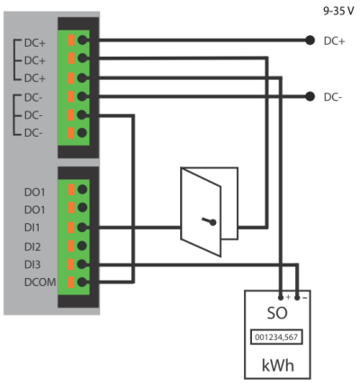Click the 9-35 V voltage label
[x=338, y=11]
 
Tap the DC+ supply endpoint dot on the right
[x=310, y=40]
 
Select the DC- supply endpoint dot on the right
[x=310, y=96]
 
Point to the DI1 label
[x=31, y=228]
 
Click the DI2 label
[x=32, y=247]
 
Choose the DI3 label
[x=32, y=265]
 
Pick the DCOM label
[x=40, y=283]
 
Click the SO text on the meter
[x=277, y=313]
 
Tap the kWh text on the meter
[x=278, y=365]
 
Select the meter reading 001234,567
[x=276, y=337]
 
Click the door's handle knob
[x=212, y=222]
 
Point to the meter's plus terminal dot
[x=281, y=298]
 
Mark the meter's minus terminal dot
[x=297, y=298]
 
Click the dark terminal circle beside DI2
[x=82, y=246]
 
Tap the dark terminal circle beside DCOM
[x=82, y=282]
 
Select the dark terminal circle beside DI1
[x=82, y=228]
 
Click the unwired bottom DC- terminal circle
[x=82, y=132]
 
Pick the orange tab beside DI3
[x=71, y=265]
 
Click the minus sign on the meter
[x=304, y=298]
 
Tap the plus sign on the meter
[x=288, y=297]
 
